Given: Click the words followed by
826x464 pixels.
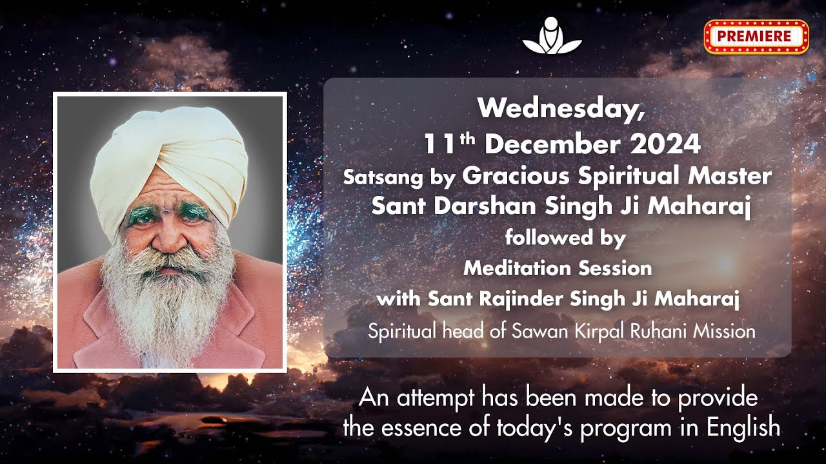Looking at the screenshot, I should tap(565, 238).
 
